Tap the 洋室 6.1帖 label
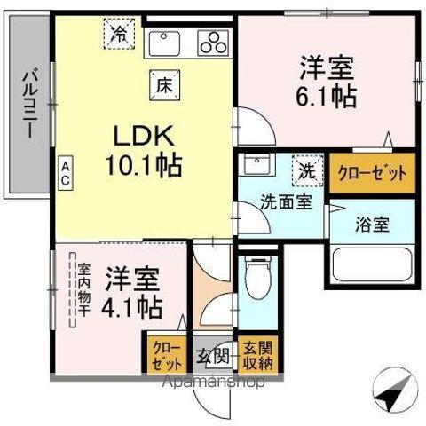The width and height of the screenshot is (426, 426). tap(327, 82)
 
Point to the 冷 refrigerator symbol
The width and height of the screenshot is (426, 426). tap(118, 35)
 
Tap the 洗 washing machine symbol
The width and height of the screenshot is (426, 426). tap(305, 168)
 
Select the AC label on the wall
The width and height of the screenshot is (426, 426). tap(67, 173)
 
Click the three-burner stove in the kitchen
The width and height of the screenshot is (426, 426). tap(213, 42)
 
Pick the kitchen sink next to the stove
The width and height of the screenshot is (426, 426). tap(166, 43)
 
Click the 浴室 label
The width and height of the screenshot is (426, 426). tap(372, 224)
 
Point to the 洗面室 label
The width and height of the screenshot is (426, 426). tap(286, 201)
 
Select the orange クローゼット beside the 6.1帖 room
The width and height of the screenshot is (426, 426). tap(372, 172)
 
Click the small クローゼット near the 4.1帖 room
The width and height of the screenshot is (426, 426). tap(164, 353)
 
